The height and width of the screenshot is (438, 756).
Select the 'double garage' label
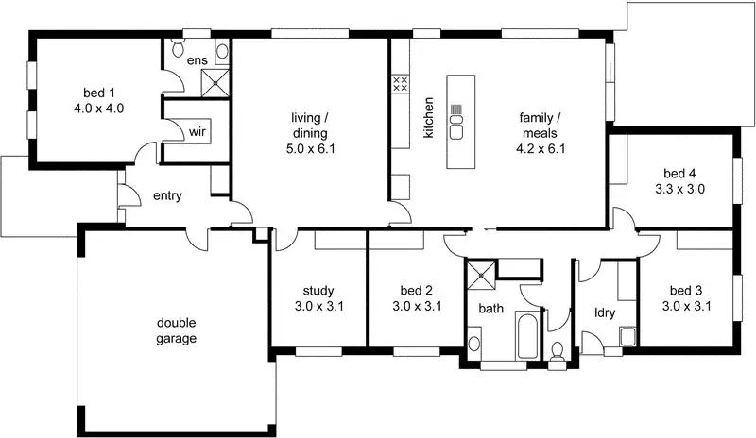point(177,330)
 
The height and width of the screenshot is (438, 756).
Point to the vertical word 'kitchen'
point(428,118)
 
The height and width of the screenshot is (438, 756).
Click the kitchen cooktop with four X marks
point(399,83)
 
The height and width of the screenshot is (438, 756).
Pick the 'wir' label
point(198,131)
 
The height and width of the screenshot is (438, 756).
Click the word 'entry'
point(167,196)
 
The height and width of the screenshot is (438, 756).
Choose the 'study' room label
point(318,290)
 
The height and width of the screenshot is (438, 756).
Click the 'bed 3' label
point(686,290)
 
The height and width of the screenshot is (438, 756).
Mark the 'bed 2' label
point(416,290)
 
